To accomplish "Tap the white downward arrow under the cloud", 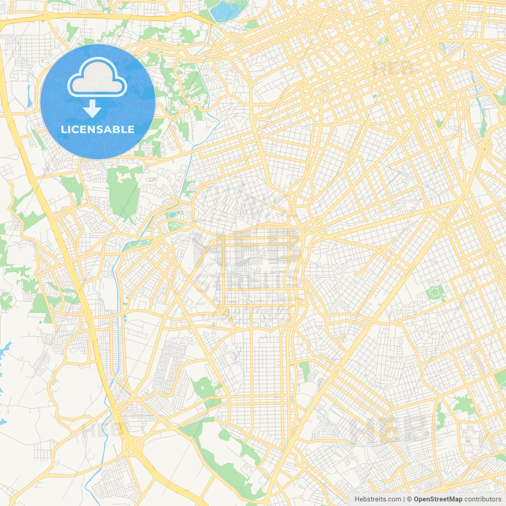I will point(92,109).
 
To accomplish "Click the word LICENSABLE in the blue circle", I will point(98,129).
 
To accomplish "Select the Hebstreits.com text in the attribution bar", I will point(378,499).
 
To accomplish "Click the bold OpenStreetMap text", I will point(438,499).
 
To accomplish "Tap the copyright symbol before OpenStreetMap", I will point(409,499).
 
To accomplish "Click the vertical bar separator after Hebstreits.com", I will point(404,499).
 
